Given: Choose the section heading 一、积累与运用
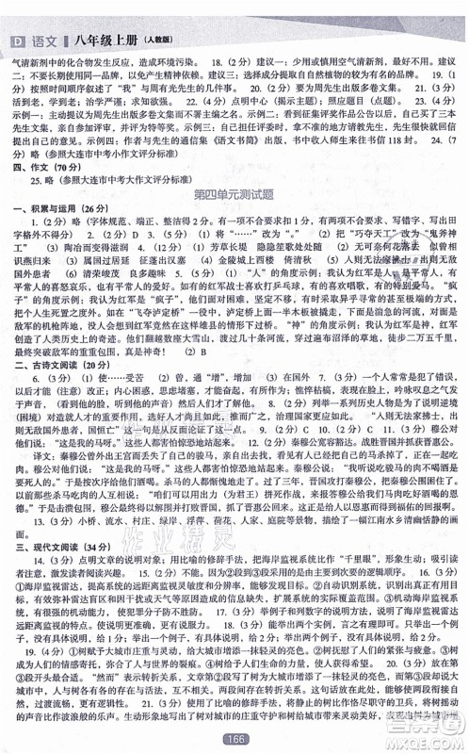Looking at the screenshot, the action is [51, 208].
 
